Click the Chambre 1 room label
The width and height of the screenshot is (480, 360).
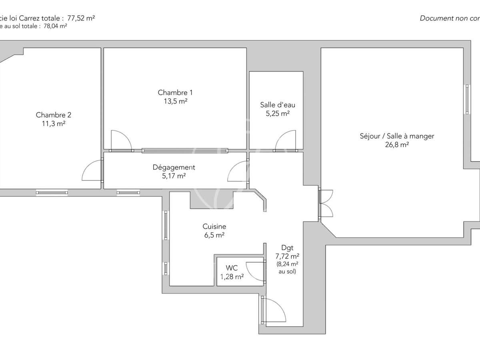[x=172, y=93]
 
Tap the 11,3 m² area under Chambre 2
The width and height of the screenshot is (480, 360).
[x=54, y=124]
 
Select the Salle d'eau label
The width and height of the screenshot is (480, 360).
[x=278, y=105]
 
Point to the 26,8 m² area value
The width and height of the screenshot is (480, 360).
[x=397, y=145]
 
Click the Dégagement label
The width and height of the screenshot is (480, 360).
[x=174, y=167]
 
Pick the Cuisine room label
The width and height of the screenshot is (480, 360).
[x=214, y=226]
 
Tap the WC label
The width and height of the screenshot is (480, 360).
[x=232, y=268]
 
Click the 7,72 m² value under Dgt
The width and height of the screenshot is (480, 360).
[x=287, y=256]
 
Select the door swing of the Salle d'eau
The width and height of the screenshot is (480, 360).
[x=285, y=141]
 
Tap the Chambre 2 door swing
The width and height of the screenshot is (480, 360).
[x=92, y=171]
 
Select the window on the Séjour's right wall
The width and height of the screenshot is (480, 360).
[x=467, y=99]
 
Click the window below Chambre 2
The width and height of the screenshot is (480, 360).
[x=52, y=192]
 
